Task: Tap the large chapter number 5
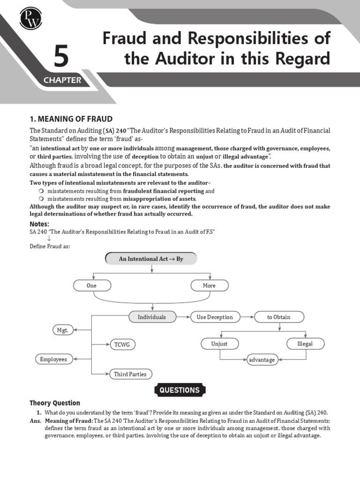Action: point(60,58)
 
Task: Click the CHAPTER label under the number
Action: point(62,80)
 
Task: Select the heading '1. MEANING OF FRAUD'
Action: point(71,119)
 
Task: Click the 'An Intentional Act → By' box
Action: point(151,259)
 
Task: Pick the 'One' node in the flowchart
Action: point(92,285)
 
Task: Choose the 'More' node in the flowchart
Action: point(209,285)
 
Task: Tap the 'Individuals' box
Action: point(152,317)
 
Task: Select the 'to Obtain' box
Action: point(278,317)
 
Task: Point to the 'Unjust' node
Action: point(219,344)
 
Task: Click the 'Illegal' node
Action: point(305,344)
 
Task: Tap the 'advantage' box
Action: point(262,360)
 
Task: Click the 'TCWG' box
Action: point(122,345)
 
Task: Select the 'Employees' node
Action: point(53,360)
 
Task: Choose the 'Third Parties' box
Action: point(130,374)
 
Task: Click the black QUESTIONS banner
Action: point(180,390)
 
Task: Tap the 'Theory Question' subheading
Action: point(55,403)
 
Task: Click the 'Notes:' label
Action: point(39,224)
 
